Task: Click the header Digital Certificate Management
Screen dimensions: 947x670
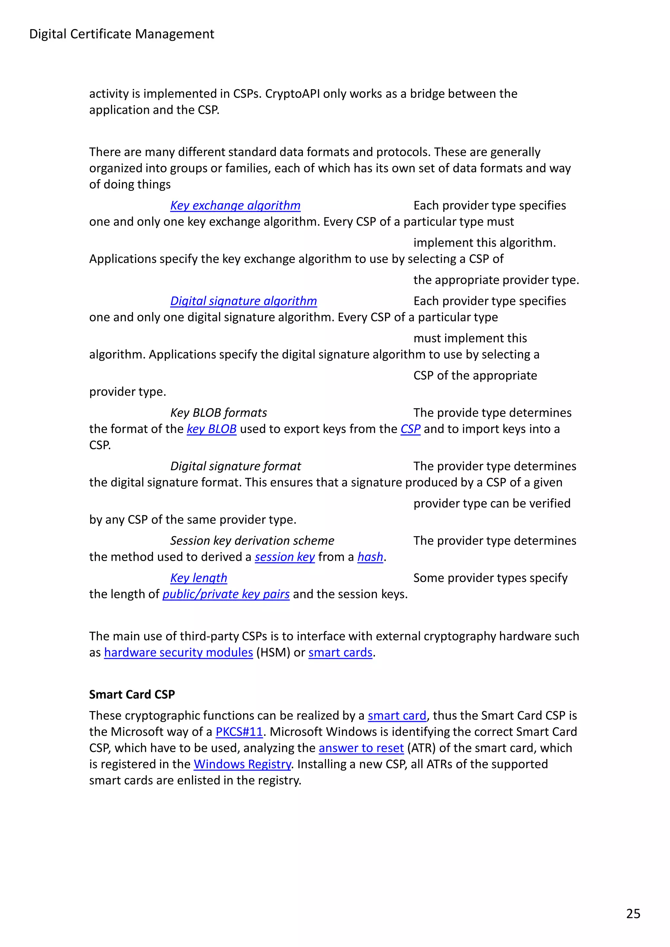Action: (x=121, y=34)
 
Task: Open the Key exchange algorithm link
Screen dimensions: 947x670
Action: (x=235, y=206)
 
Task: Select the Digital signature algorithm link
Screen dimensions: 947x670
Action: (x=243, y=301)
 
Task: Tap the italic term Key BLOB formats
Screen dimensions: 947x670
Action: (x=219, y=413)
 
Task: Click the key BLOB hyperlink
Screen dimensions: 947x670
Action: (x=211, y=429)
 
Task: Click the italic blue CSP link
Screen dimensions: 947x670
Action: (x=410, y=429)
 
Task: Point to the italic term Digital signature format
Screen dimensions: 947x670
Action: (x=235, y=466)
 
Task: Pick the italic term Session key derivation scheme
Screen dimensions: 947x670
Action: (x=252, y=541)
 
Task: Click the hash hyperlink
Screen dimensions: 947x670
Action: (x=370, y=557)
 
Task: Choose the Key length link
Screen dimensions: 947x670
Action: (x=199, y=578)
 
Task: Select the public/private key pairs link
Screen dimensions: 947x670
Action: (x=226, y=594)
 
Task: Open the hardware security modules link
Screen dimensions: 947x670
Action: (x=178, y=653)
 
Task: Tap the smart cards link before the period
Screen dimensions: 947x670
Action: (x=340, y=653)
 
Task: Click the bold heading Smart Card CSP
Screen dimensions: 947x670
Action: (x=132, y=695)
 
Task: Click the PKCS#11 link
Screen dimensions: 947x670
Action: (x=239, y=732)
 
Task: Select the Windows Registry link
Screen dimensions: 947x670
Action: (x=242, y=764)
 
